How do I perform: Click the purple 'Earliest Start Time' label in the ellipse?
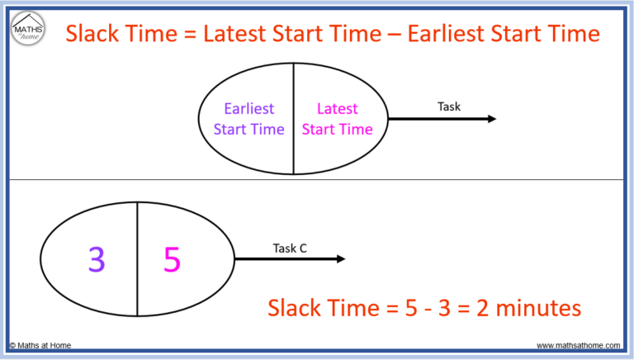pyautogui.click(x=248, y=119)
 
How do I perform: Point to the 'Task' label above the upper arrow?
pyautogui.click(x=449, y=106)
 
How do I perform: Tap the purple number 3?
pyautogui.click(x=97, y=260)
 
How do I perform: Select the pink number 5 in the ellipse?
pyautogui.click(x=172, y=260)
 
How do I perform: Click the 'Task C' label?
pyautogui.click(x=290, y=247)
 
